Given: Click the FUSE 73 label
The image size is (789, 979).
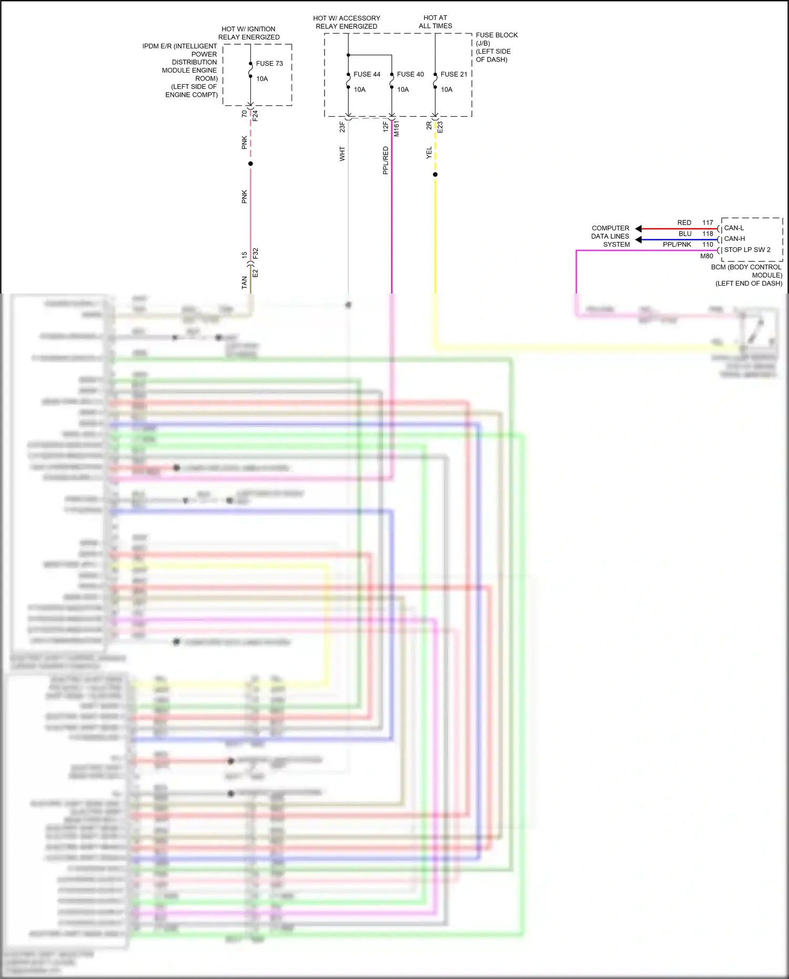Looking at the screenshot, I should coord(269,64).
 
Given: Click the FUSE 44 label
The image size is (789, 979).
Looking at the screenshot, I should coord(367,74).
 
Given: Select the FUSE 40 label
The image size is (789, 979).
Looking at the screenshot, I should coord(410,74).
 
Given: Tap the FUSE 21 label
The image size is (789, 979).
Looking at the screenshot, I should coord(454,74).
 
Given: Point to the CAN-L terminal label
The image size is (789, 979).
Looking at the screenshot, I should coord(734,228).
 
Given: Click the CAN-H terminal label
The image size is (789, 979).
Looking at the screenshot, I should coord(734,239).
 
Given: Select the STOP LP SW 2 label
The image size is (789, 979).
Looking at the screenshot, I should coord(747,250).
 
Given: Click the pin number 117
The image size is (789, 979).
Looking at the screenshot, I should coord(707,223).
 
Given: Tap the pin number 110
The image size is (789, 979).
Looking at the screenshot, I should coord(707,245).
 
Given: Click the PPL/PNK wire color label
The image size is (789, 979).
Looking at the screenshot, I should coord(677,245).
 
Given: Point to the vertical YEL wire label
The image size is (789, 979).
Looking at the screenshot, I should coord(429,153).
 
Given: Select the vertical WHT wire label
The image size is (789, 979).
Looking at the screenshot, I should coord(342,154).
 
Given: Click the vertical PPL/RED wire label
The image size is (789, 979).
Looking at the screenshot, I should coord(386,160).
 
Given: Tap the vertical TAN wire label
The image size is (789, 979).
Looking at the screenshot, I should coord(244,282).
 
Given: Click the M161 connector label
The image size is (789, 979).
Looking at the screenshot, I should coord(397,129).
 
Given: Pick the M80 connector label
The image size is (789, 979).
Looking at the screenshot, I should coord(706,256).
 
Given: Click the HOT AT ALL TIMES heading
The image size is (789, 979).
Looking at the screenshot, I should coord(435,22).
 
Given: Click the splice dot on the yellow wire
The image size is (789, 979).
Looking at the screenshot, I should coord(435,175).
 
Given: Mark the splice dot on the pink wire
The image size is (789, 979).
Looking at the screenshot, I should coord(250,164).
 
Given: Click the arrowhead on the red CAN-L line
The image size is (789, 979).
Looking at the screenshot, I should coord(639,229).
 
